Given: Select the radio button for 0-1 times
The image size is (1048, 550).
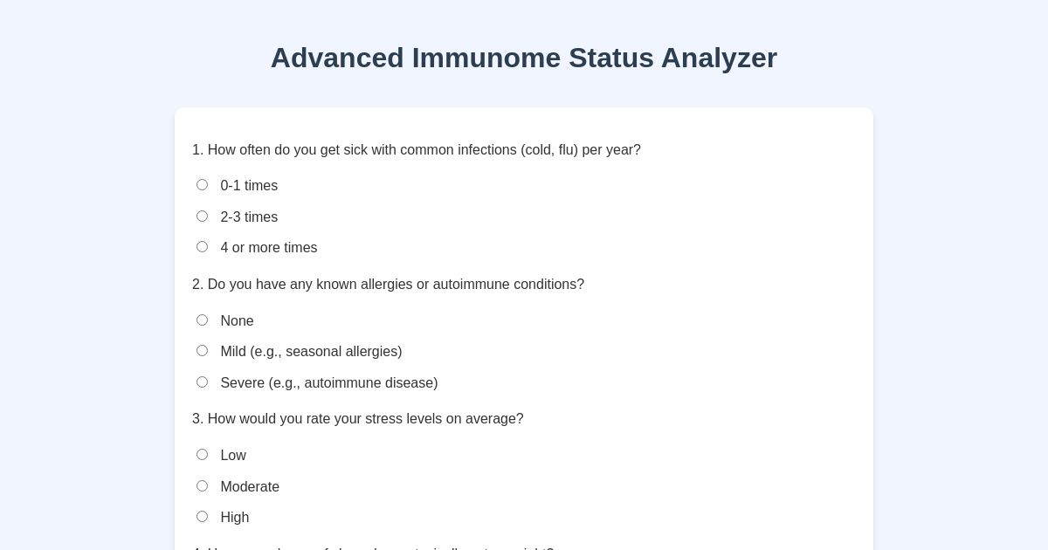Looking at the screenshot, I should coord(202,185).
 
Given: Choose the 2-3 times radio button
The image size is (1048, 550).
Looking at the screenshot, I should coord(202,217).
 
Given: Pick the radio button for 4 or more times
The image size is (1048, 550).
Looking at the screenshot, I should coord(202,247).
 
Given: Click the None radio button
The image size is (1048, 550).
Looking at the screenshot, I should coord(202,320).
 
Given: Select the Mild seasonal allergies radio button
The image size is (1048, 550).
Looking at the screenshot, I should coord(202,351).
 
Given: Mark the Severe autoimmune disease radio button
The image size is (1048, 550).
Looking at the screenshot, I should coord(202,382).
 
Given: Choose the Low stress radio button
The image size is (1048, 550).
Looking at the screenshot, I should coord(202,455).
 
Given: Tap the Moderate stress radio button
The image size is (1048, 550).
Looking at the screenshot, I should coord(202,486).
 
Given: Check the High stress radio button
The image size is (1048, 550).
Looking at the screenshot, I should coord(202,517).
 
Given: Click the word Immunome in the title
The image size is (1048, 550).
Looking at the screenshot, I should coord(486,58).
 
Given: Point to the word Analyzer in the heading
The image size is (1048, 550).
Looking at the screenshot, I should coord(719,58).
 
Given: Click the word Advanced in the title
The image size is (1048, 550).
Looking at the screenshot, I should coord(337,58).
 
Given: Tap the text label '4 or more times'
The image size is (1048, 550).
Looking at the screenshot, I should coord(269,248).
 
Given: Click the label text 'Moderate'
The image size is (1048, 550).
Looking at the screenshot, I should coord(250,487).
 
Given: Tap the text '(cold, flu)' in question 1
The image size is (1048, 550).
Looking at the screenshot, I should coord(549,150).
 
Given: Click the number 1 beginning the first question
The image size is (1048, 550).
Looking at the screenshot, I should coord(196,150).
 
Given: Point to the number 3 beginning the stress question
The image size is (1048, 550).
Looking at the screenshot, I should coord(196,419).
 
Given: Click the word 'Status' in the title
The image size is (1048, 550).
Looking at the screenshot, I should coord(611,58).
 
